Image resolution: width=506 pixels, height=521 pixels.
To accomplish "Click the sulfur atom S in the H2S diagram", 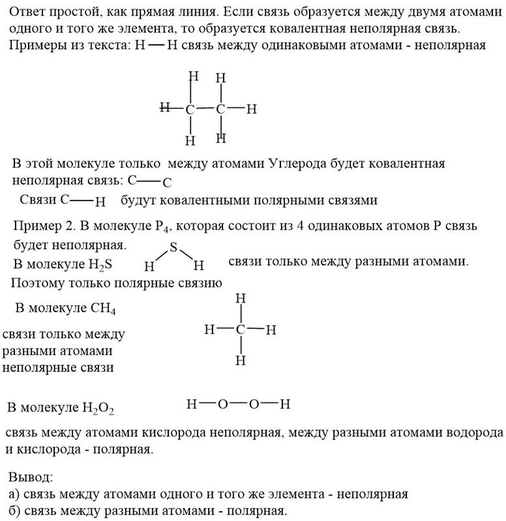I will click(x=173, y=247).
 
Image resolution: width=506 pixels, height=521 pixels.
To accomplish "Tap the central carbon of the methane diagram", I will click(x=241, y=330).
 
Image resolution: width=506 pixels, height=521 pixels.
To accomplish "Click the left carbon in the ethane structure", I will click(x=190, y=109).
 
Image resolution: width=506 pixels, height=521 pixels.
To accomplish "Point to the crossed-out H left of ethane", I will click(x=165, y=106).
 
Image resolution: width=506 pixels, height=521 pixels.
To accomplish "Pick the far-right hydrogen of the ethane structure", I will click(x=252, y=109).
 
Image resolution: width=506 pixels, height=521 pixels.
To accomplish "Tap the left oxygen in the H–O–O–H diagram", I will click(x=222, y=404).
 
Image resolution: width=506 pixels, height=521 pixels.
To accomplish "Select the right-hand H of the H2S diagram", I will click(x=200, y=265).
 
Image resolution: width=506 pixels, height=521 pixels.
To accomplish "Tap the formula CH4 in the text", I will click(x=103, y=307).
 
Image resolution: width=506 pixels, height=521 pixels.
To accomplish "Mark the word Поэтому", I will click(x=40, y=283).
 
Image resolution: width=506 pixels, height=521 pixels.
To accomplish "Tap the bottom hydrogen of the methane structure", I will click(x=241, y=359).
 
